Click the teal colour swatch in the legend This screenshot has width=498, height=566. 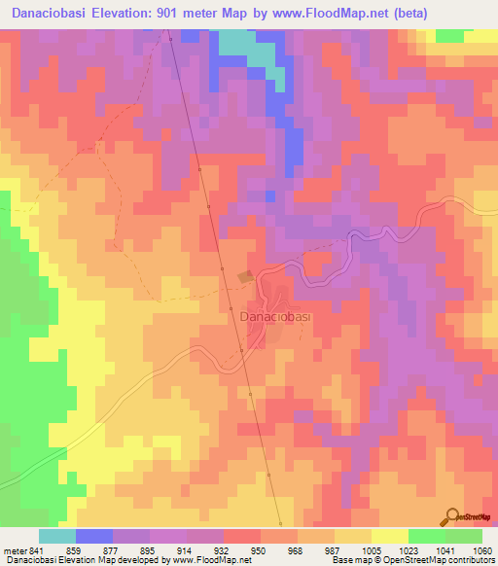tap(57, 536)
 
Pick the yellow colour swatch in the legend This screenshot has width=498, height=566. tap(389, 536)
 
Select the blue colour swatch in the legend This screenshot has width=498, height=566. tap(94, 536)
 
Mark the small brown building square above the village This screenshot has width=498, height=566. tap(247, 277)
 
